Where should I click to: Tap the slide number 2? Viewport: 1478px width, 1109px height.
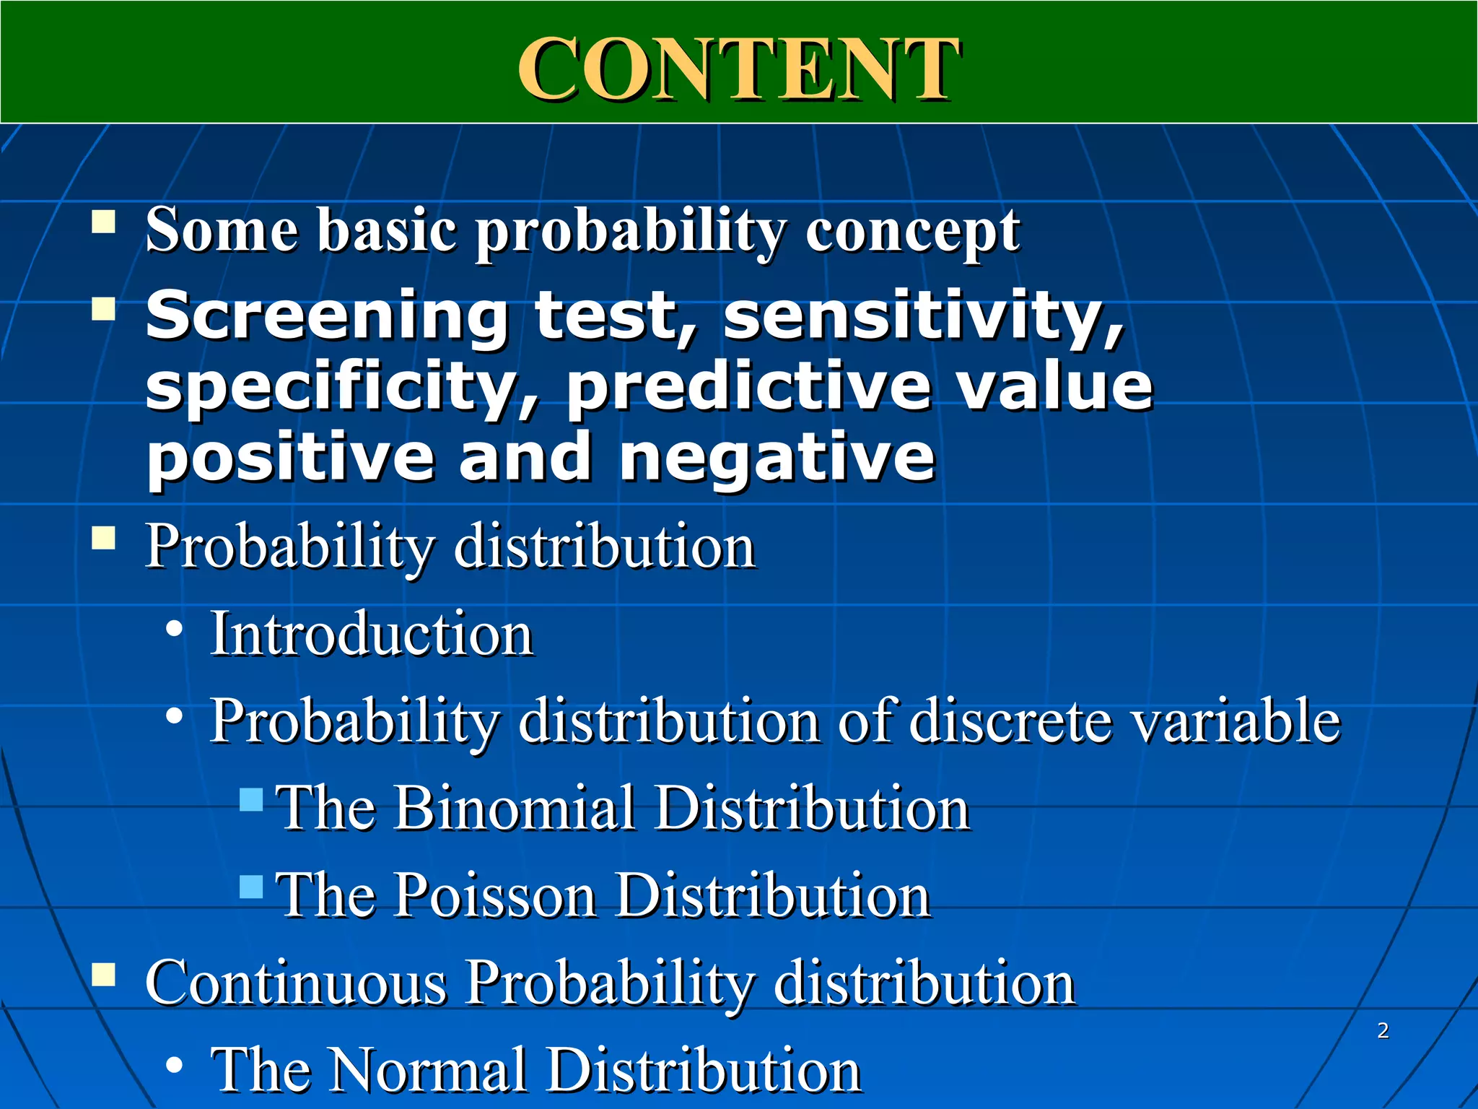tap(1383, 1030)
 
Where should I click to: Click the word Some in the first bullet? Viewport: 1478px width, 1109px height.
tap(222, 230)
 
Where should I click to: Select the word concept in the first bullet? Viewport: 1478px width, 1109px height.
tap(912, 232)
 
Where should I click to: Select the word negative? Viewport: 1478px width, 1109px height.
tap(777, 458)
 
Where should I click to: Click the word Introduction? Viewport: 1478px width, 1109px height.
tap(371, 634)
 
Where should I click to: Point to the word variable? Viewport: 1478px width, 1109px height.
tap(1235, 721)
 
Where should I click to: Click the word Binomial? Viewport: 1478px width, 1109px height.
tap(514, 808)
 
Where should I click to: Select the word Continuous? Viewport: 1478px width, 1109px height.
tap(296, 983)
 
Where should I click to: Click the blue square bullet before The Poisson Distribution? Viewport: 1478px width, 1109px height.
tap(251, 887)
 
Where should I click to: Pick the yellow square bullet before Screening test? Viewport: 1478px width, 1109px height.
tap(104, 310)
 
